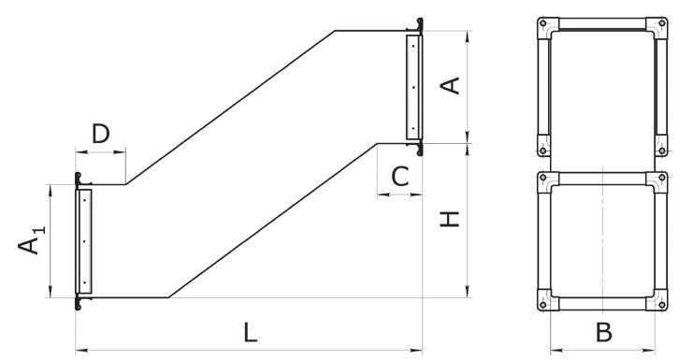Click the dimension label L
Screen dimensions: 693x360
250,333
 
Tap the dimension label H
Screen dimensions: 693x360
450,220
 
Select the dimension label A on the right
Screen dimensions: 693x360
451,86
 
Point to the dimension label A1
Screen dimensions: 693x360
31,240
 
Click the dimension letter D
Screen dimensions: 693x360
101,134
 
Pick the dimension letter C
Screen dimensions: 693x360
400,177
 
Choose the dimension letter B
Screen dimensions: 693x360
604,333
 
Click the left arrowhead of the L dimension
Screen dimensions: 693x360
81,351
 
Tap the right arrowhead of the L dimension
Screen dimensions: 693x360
416,351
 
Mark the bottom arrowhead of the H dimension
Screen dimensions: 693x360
468,292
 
